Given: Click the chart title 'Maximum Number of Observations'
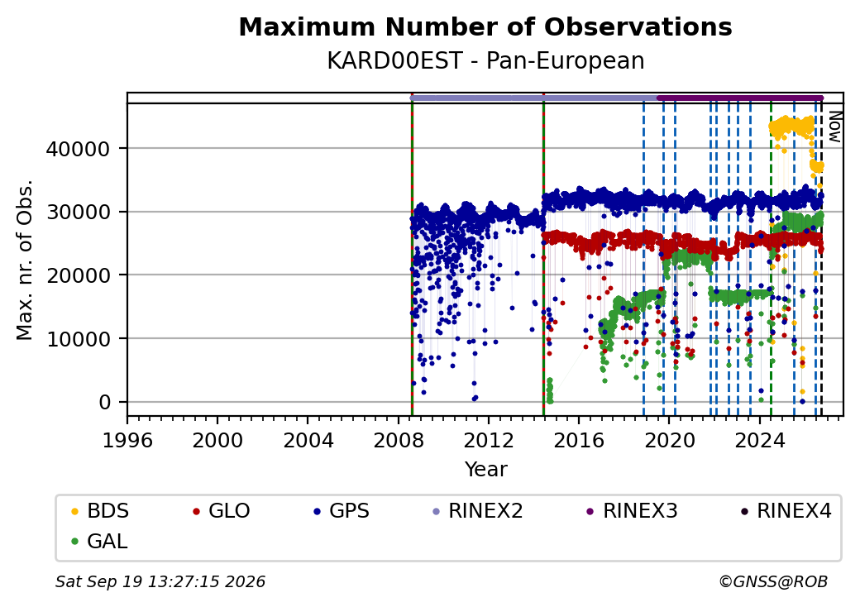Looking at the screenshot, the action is [485, 26].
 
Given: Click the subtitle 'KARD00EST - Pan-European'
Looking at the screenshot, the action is [485, 60].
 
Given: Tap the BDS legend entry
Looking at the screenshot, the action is [100, 511].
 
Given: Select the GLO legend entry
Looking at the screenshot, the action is [222, 511].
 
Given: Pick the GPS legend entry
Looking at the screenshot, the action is [342, 511].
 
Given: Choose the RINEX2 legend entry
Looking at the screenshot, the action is [478, 511].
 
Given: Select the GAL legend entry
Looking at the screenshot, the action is [99, 541].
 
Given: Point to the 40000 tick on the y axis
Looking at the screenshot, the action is [78, 149].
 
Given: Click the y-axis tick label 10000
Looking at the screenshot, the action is [78, 339].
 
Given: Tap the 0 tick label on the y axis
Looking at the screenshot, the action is [105, 403].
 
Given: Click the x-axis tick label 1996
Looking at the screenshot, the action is [127, 440].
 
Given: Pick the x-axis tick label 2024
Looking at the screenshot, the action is [759, 440].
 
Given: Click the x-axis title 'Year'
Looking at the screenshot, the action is [486, 470].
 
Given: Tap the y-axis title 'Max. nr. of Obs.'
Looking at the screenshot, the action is [25, 260].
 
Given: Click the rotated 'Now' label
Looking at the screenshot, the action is [834, 127].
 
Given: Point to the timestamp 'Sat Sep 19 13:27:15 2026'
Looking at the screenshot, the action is [160, 581].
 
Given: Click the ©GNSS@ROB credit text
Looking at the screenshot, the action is [773, 581].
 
